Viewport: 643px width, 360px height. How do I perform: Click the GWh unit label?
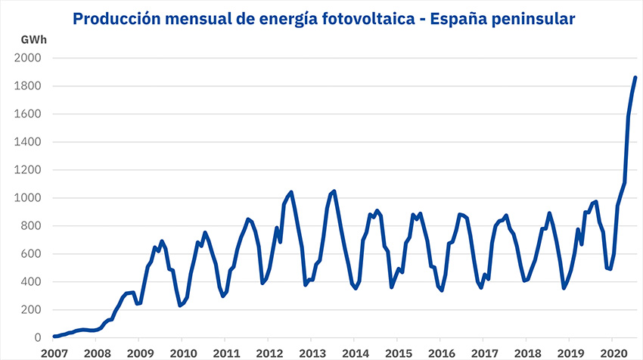click(31, 39)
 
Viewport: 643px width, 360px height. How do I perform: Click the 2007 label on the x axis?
click(54, 352)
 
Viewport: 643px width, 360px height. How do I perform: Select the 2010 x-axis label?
click(182, 352)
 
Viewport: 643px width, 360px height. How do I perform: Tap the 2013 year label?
click(311, 352)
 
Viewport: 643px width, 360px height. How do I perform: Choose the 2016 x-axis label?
click(440, 352)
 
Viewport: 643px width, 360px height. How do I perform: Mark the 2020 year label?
click(612, 352)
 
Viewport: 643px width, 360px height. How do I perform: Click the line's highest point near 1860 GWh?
click(635, 77)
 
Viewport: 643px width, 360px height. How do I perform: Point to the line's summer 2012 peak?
click(291, 192)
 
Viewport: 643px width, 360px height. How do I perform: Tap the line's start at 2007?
click(54, 336)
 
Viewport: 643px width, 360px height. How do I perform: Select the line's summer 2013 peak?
click(334, 191)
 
